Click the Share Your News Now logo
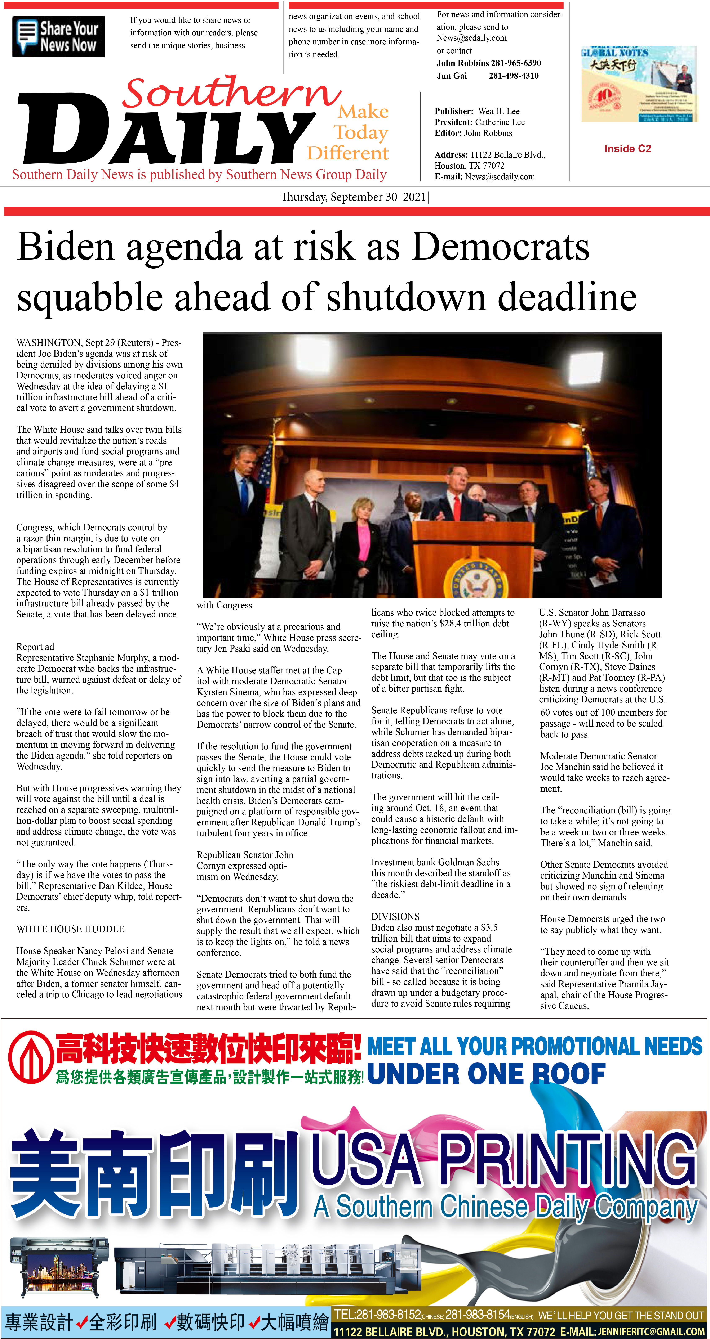point(58,36)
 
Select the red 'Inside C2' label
point(627,149)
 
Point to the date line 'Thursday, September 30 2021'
point(354,197)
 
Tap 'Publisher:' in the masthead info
point(454,111)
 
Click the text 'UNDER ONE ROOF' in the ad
point(486,1074)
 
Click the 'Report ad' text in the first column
point(35,647)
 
